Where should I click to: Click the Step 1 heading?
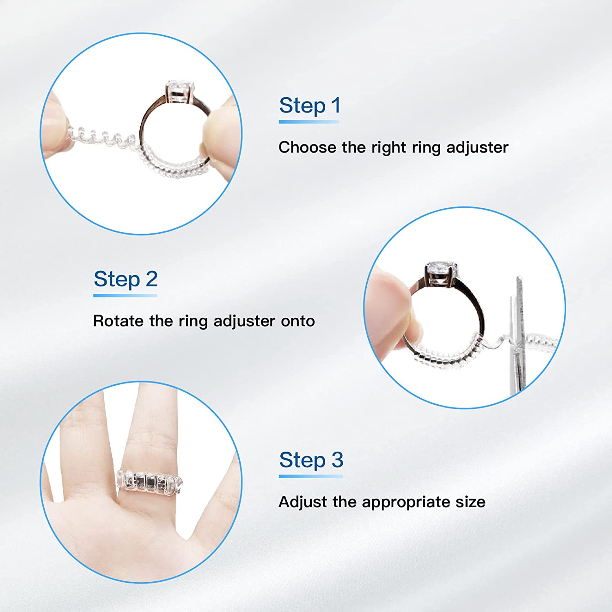click(x=310, y=106)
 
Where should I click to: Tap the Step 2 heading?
click(x=126, y=279)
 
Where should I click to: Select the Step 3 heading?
click(x=311, y=461)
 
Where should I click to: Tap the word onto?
click(x=298, y=322)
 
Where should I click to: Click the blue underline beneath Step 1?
click(x=309, y=122)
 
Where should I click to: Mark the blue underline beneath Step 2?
click(x=125, y=295)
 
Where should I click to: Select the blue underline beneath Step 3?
click(x=311, y=476)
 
